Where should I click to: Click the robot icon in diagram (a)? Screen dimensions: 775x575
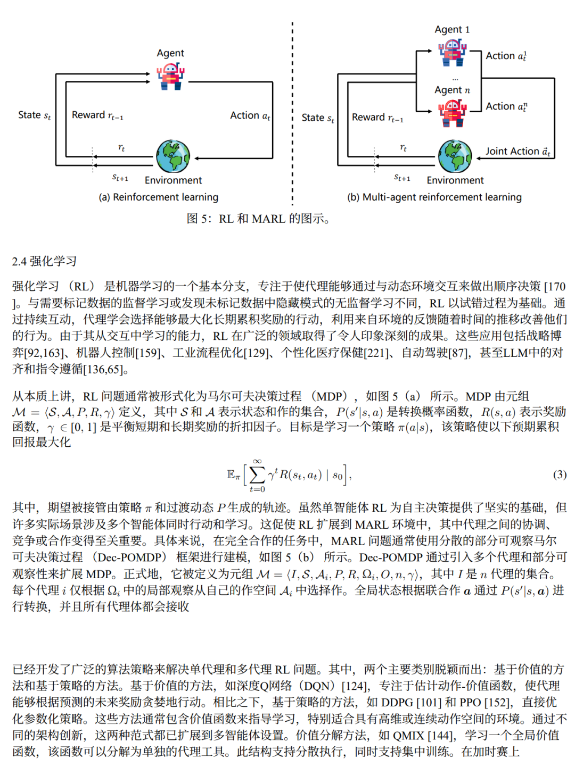[170, 76]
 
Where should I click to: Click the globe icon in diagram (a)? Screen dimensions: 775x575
[173, 156]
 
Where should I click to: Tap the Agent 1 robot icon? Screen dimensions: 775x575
[452, 53]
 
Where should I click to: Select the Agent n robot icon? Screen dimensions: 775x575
[452, 113]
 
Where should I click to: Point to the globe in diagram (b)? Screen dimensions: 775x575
[455, 156]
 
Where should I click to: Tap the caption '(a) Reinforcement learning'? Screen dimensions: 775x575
[159, 197]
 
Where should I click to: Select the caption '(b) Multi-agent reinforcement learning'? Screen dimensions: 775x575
[434, 197]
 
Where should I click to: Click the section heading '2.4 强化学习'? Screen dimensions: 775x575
[45, 261]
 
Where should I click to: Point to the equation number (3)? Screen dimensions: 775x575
[560, 474]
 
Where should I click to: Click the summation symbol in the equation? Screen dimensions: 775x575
[257, 474]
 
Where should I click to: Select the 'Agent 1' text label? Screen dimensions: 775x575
[452, 30]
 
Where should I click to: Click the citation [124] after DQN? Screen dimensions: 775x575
[356, 686]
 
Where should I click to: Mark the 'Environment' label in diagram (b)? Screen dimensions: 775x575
[455, 180]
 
